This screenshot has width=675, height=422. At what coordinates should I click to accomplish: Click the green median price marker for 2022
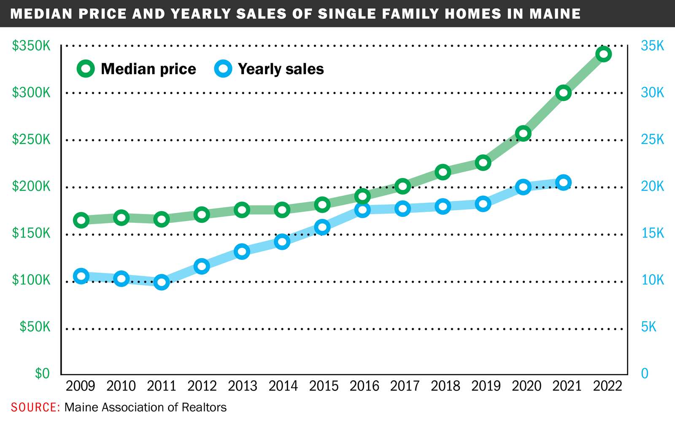604,54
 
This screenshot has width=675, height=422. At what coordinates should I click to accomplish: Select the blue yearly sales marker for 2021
563,182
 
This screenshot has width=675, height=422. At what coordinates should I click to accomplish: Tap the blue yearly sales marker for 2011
162,282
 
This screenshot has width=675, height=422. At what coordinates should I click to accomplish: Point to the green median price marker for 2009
81,220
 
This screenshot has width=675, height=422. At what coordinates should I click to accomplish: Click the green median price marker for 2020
523,134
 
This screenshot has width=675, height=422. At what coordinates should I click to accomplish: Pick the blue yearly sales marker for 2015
322,227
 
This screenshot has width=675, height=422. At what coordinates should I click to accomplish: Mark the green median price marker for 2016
362,196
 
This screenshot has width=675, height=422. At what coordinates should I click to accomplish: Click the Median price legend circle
86,69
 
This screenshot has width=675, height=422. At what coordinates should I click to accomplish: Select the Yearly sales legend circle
223,69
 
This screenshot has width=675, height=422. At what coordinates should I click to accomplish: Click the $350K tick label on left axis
31,46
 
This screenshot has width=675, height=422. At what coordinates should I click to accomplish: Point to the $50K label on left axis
35,327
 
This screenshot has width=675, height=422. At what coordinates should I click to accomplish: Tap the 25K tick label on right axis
652,139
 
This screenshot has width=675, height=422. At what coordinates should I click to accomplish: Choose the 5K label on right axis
649,327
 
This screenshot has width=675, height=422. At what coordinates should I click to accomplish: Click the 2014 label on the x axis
283,386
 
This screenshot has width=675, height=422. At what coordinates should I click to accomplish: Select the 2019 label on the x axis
486,386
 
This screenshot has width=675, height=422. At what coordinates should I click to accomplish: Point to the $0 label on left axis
42,373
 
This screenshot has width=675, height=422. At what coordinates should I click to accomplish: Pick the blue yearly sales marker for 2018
443,206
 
